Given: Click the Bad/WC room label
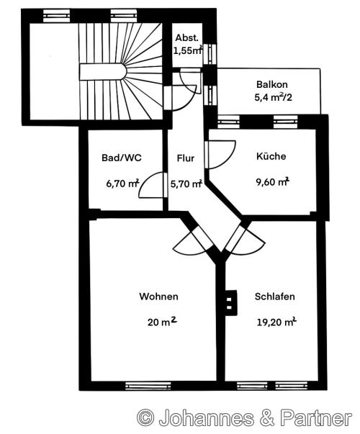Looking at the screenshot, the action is [x=122, y=158].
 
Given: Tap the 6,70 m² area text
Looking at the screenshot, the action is [x=122, y=184].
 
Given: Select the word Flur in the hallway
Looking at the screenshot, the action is [x=186, y=158].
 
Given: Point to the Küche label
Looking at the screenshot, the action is [x=271, y=156].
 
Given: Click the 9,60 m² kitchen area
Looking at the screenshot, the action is [x=272, y=182].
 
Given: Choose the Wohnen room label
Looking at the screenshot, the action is [x=158, y=297].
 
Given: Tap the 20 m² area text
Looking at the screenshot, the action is [x=162, y=322].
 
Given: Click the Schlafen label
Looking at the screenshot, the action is [x=275, y=297].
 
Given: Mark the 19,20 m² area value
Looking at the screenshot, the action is [x=276, y=322].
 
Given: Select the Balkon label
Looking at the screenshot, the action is [x=272, y=84].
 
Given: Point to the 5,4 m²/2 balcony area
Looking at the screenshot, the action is [x=274, y=97].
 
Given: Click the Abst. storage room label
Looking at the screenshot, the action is [x=187, y=38].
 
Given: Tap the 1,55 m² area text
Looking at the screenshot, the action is [x=188, y=50].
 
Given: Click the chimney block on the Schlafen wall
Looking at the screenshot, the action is [x=230, y=303].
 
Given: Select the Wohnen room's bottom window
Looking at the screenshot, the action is [x=148, y=386].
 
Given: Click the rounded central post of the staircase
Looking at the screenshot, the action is [x=103, y=72].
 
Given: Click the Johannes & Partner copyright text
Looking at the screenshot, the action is [x=245, y=418].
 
